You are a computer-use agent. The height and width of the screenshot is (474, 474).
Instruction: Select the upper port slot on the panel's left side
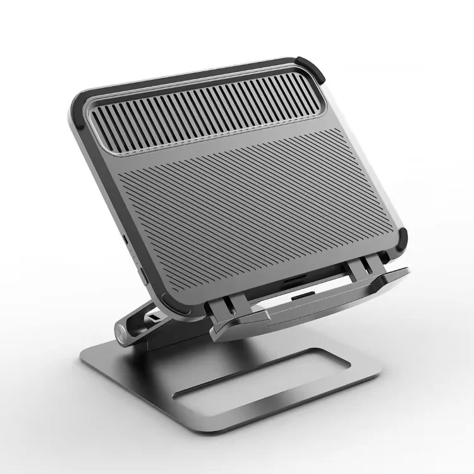[125, 241]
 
